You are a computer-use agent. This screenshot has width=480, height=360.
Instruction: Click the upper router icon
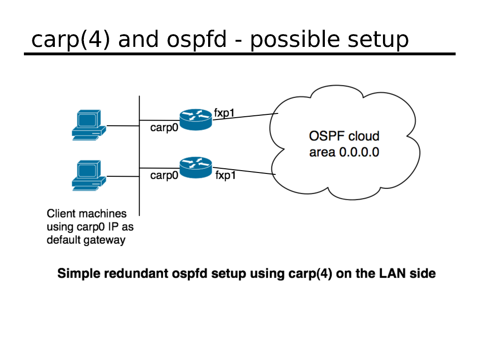pyautogui.click(x=195, y=120)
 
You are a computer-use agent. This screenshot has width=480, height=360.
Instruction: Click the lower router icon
pyautogui.click(x=195, y=168)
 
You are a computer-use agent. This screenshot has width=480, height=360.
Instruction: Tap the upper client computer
pyautogui.click(x=87, y=125)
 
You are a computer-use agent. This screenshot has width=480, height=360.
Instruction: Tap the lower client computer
pyautogui.click(x=87, y=176)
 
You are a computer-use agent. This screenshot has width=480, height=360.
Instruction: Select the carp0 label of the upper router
pyautogui.click(x=164, y=127)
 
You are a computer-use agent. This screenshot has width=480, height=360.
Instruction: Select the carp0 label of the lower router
pyautogui.click(x=164, y=176)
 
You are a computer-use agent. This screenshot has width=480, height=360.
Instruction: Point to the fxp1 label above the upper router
pyautogui.click(x=224, y=112)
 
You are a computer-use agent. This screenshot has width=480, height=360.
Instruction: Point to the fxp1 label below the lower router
pyautogui.click(x=225, y=176)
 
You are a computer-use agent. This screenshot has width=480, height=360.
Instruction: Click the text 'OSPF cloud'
pyautogui.click(x=344, y=136)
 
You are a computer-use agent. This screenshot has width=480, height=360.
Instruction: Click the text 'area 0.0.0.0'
pyautogui.click(x=344, y=152)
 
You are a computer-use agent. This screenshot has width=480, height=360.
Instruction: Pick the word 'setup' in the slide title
pyautogui.click(x=378, y=41)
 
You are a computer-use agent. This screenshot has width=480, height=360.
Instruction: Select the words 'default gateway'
pyautogui.click(x=86, y=240)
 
